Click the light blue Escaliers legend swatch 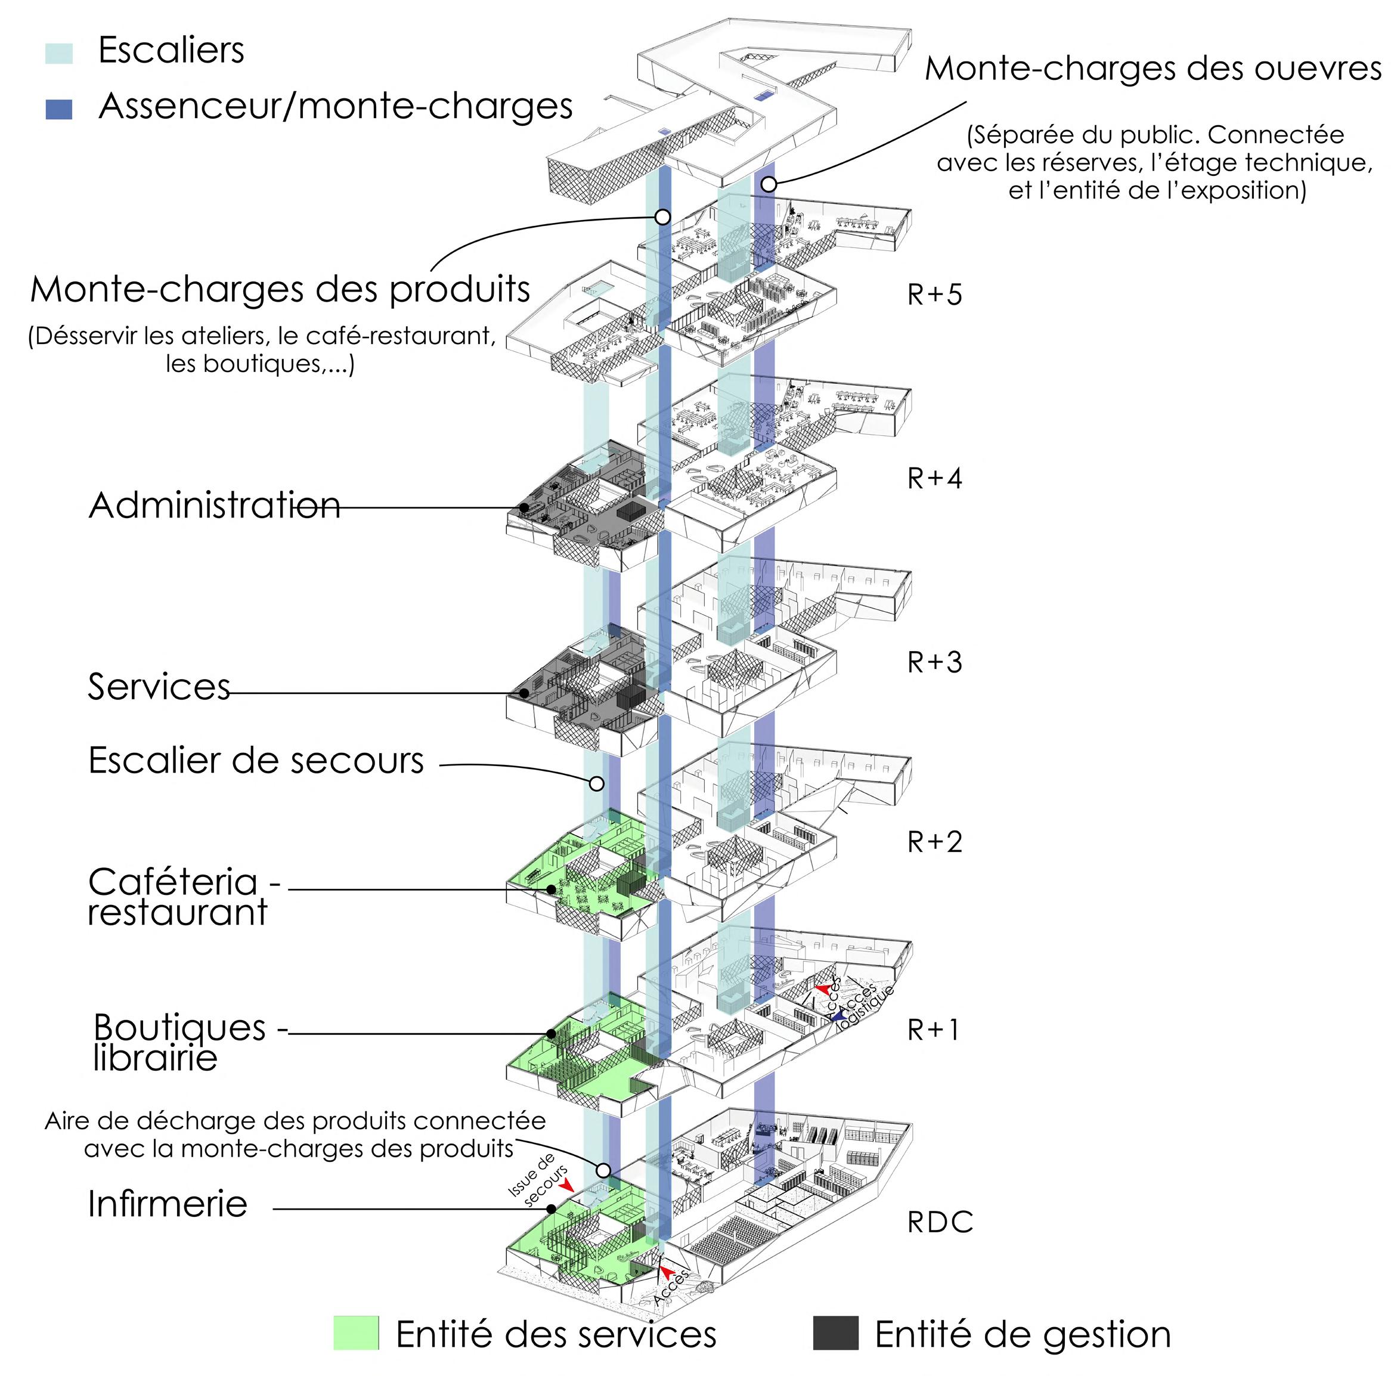click(58, 53)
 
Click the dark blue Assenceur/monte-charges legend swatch click(58, 109)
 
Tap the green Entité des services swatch click(356, 1333)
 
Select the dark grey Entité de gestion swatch click(835, 1333)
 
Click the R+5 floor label click(934, 295)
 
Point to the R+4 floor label click(934, 478)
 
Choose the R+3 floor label click(934, 662)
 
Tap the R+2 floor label click(934, 842)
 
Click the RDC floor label click(940, 1223)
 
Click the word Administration click(214, 506)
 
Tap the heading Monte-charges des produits click(280, 290)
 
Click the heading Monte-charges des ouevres click(1152, 69)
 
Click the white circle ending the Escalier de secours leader click(596, 783)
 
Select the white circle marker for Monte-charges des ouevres click(769, 184)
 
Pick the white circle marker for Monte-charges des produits click(662, 217)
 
